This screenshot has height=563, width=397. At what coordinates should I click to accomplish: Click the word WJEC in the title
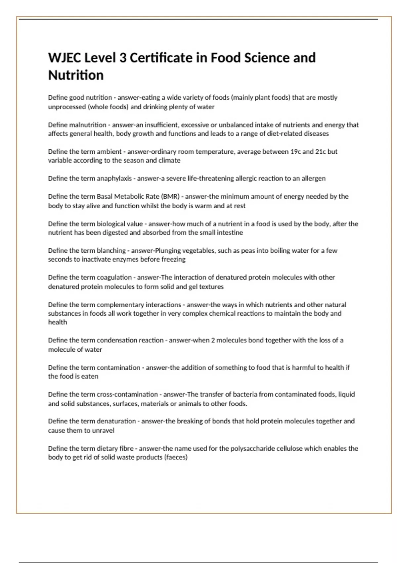click(x=65, y=58)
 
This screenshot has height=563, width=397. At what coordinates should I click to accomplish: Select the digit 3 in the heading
click(x=122, y=58)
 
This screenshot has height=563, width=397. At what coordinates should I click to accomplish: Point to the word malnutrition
click(x=88, y=125)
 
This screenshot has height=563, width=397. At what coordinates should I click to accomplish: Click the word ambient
click(x=109, y=152)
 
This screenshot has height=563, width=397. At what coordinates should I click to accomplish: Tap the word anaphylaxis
click(x=114, y=179)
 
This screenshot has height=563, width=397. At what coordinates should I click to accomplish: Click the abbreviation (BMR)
click(x=170, y=196)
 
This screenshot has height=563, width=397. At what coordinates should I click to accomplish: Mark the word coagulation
click(x=114, y=278)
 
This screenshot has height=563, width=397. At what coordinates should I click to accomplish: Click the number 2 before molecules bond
click(x=218, y=340)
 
